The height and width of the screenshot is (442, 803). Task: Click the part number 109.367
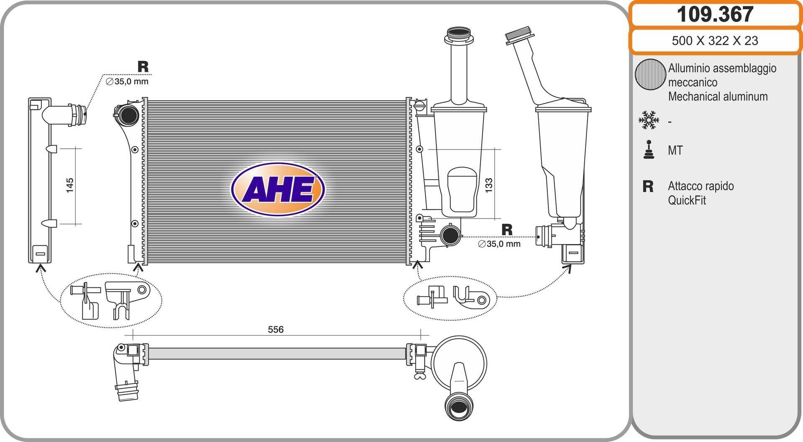[715, 14]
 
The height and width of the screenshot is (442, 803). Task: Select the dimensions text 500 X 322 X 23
[715, 41]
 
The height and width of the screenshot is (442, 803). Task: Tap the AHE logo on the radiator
[278, 189]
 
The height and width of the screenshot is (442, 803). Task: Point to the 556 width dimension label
[276, 330]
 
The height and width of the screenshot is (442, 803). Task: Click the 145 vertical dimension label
[70, 185]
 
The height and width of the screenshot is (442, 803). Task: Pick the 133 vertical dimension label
[488, 185]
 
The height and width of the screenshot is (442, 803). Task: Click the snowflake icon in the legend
[649, 120]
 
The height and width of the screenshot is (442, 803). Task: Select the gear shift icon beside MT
[649, 150]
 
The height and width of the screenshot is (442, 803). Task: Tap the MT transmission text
[675, 150]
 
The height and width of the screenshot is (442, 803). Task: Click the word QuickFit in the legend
[687, 201]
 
